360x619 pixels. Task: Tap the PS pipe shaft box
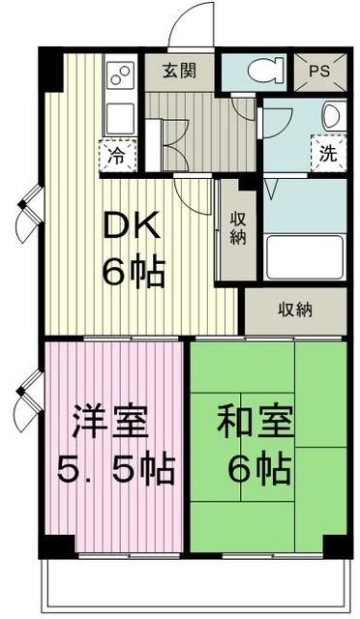tap(319, 71)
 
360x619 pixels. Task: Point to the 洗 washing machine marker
tap(330, 153)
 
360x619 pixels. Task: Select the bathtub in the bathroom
tap(304, 256)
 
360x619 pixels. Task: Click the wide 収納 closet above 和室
tap(296, 311)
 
